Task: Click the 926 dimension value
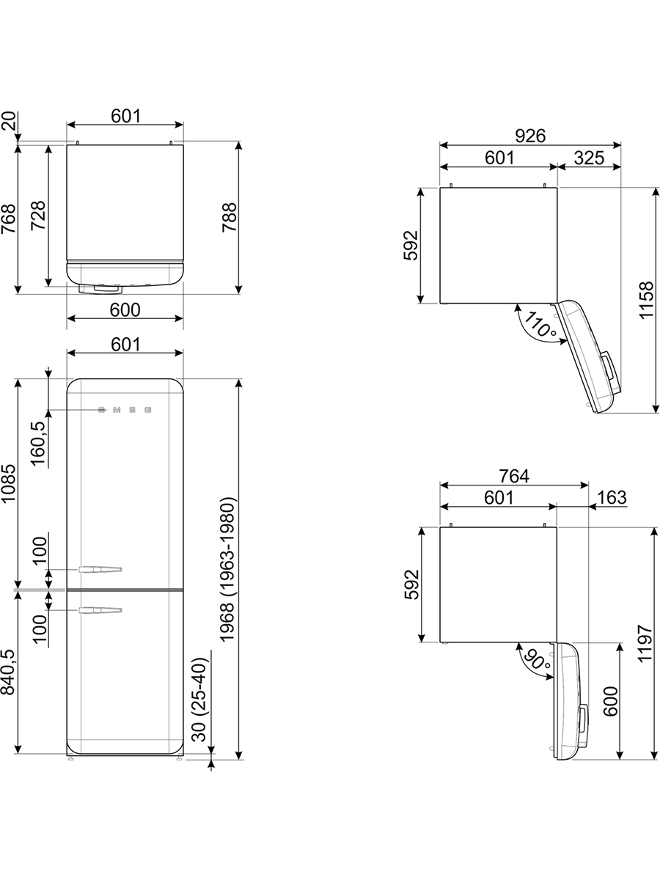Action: [x=530, y=136]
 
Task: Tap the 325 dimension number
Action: [x=589, y=158]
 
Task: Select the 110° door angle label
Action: [x=540, y=324]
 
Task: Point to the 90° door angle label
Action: [x=537, y=659]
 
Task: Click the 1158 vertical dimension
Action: [x=646, y=300]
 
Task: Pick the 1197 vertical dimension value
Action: [x=645, y=643]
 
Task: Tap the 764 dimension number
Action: [x=514, y=476]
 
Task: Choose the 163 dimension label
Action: [x=612, y=497]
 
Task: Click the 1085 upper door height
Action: [x=8, y=483]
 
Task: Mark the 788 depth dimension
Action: [x=230, y=218]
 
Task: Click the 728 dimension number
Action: [x=38, y=216]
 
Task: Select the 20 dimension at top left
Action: [x=8, y=121]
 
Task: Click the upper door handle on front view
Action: [x=100, y=569]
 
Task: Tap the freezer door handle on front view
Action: [x=100, y=610]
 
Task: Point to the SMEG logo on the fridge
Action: [x=125, y=410]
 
